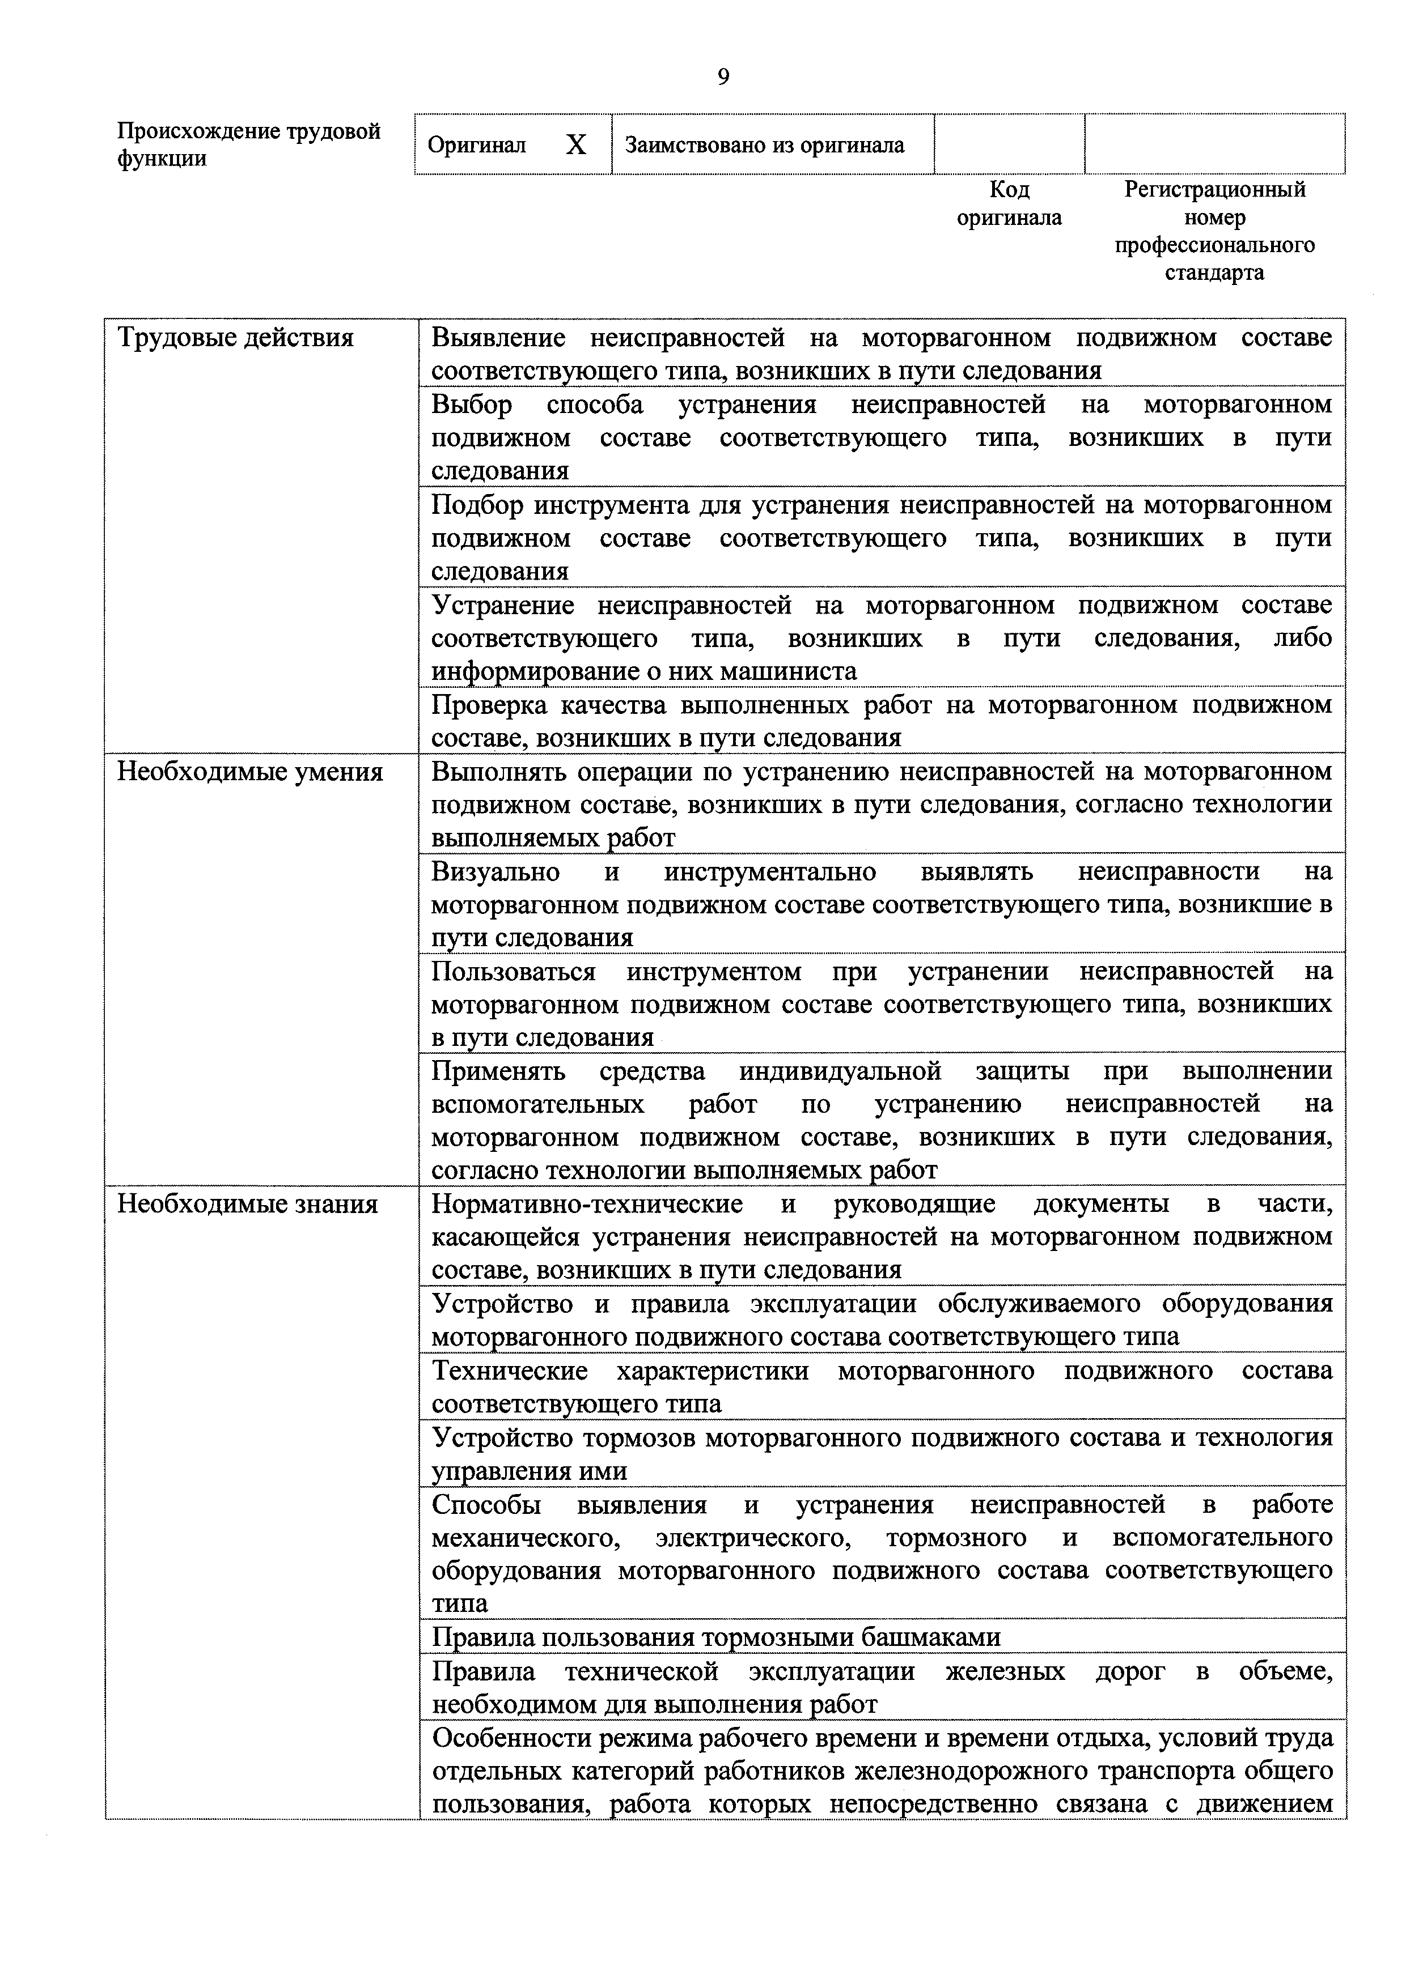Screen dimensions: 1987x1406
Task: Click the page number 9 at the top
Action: pyautogui.click(x=723, y=78)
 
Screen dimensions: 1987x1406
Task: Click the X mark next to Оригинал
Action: pyautogui.click(x=576, y=144)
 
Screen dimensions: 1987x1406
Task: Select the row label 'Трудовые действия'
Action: pyautogui.click(x=235, y=338)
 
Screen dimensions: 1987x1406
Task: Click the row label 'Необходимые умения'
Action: pyautogui.click(x=249, y=771)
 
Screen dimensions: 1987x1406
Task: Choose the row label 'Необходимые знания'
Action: pyautogui.click(x=248, y=1204)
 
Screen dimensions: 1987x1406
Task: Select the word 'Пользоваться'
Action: pyautogui.click(x=514, y=972)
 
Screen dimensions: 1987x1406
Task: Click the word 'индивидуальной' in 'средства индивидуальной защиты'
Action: pyautogui.click(x=840, y=1071)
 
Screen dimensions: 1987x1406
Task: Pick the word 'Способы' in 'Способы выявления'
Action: pyautogui.click(x=486, y=1504)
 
